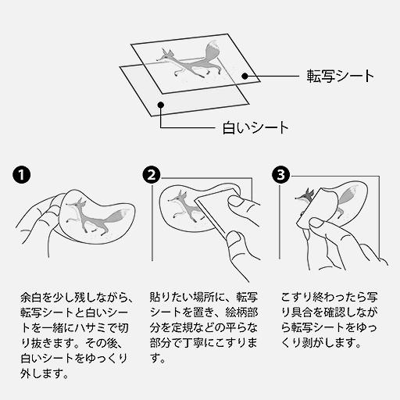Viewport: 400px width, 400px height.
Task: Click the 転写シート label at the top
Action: (340, 77)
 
